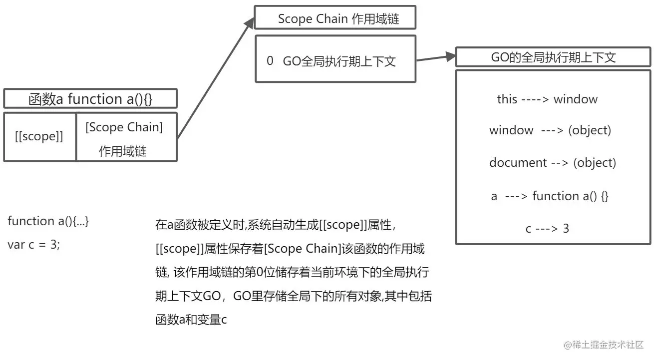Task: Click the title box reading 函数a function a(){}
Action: [x=90, y=99]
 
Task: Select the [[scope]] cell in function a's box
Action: [x=39, y=137]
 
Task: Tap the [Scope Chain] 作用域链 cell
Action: [x=124, y=138]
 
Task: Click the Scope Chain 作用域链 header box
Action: [x=335, y=19]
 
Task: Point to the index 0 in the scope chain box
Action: [x=270, y=61]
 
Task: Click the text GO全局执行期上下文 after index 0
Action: [x=339, y=61]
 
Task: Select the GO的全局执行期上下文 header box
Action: [x=553, y=57]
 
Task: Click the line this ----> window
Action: [x=547, y=99]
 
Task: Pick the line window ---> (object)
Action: [x=550, y=130]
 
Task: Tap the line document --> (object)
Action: [x=552, y=163]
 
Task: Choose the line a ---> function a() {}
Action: [x=550, y=196]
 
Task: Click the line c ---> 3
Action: [x=547, y=229]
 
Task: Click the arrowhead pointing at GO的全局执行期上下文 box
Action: [x=451, y=56]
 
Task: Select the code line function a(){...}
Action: [x=48, y=221]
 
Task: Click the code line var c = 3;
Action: [x=34, y=245]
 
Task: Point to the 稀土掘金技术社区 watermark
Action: [x=604, y=345]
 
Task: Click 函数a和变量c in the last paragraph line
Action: [x=191, y=320]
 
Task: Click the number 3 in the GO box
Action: [x=566, y=229]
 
